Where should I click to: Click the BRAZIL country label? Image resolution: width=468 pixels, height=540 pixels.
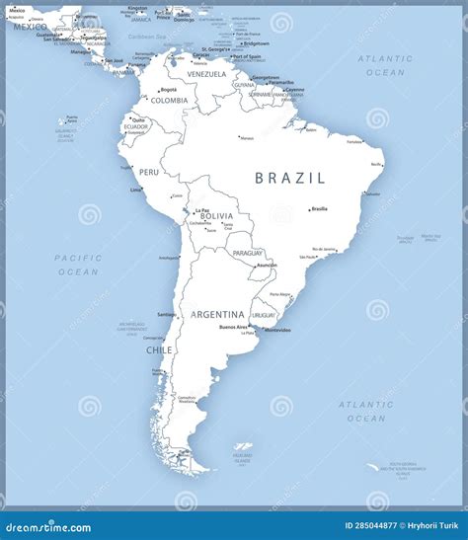(289, 179)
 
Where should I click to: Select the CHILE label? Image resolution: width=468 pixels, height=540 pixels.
(159, 349)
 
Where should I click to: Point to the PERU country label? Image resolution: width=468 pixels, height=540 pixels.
(148, 172)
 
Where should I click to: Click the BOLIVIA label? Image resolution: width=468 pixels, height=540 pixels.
(216, 215)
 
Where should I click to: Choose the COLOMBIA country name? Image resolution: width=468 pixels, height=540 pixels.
(169, 100)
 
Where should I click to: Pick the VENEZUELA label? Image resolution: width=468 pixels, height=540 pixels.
(206, 74)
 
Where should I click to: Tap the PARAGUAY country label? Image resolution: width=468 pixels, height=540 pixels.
(248, 253)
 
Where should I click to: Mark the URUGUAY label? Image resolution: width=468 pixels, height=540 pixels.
(264, 314)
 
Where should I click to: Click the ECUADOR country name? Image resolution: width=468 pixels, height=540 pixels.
(136, 126)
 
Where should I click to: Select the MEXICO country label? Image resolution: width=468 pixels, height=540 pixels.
(30, 27)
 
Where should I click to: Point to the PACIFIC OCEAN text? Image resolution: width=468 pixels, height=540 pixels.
(78, 264)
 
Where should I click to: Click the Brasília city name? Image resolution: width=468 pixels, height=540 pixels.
(319, 209)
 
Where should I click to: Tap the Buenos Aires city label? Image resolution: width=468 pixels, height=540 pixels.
(233, 327)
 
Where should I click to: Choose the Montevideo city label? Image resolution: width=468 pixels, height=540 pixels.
(277, 330)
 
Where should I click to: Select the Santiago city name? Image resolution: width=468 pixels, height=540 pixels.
(166, 315)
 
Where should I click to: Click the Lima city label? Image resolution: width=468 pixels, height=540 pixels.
(135, 190)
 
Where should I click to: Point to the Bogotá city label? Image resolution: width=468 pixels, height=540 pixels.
(169, 90)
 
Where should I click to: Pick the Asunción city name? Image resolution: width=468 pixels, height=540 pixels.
(266, 265)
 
